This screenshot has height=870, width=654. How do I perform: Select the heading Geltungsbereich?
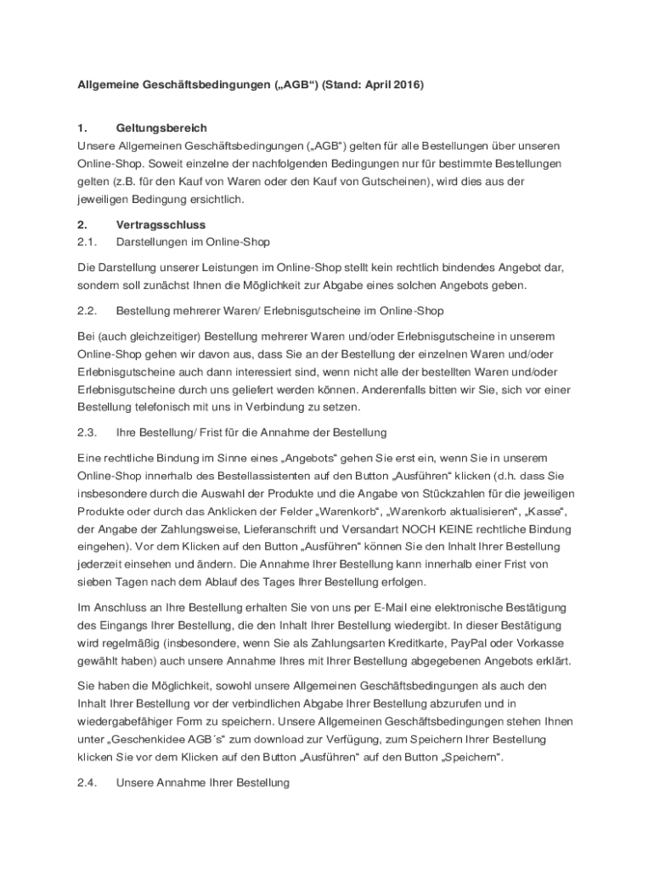click(x=161, y=128)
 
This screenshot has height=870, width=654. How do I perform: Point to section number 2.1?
click(x=87, y=242)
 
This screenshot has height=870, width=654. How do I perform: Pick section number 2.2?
click(x=87, y=311)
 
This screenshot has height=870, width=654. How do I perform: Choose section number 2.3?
click(x=87, y=433)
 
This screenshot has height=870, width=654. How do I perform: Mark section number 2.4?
click(x=87, y=782)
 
